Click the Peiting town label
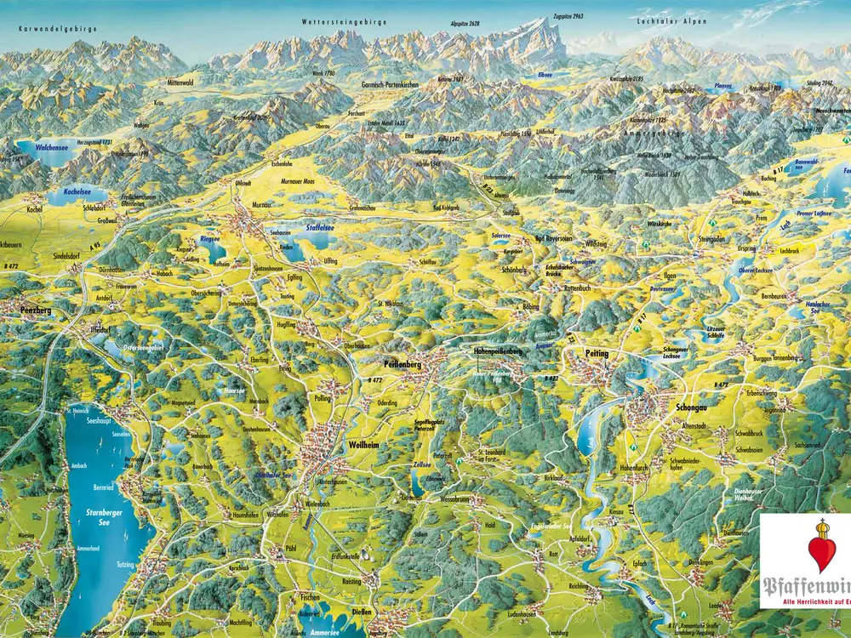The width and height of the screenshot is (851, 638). tap(598, 353)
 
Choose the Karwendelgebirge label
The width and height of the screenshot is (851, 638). tap(58, 29)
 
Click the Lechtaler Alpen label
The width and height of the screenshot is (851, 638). tap(671, 19)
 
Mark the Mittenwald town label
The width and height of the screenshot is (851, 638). tap(181, 83)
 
